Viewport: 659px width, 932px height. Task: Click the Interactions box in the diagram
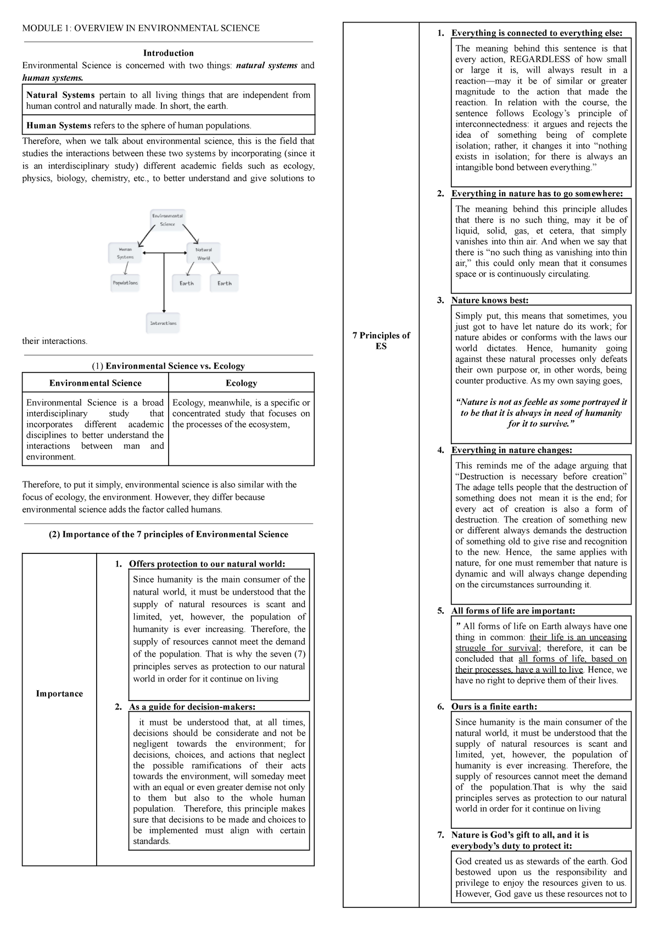click(163, 323)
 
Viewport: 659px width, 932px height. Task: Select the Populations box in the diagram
click(125, 283)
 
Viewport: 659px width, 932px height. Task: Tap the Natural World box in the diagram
click(203, 253)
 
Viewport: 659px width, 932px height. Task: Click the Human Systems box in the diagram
click(125, 253)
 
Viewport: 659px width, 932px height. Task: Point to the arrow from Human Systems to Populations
click(126, 269)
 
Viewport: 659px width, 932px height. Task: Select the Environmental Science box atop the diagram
click(167, 220)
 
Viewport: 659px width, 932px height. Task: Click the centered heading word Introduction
click(168, 53)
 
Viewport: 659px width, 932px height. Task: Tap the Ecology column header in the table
click(241, 383)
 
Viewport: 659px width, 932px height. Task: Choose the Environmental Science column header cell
click(95, 383)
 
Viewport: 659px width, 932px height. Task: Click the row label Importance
click(59, 694)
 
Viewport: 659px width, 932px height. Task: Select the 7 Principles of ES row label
click(381, 341)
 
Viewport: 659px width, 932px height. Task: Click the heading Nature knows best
click(490, 300)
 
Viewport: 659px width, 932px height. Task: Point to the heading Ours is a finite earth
click(494, 707)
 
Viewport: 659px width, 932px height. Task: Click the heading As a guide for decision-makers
click(192, 707)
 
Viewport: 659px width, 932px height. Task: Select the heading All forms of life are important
click(513, 611)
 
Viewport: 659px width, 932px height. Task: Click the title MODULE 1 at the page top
click(141, 28)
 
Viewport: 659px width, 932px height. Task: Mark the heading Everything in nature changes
click(511, 450)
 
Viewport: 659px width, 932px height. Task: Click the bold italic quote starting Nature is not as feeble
click(541, 413)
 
